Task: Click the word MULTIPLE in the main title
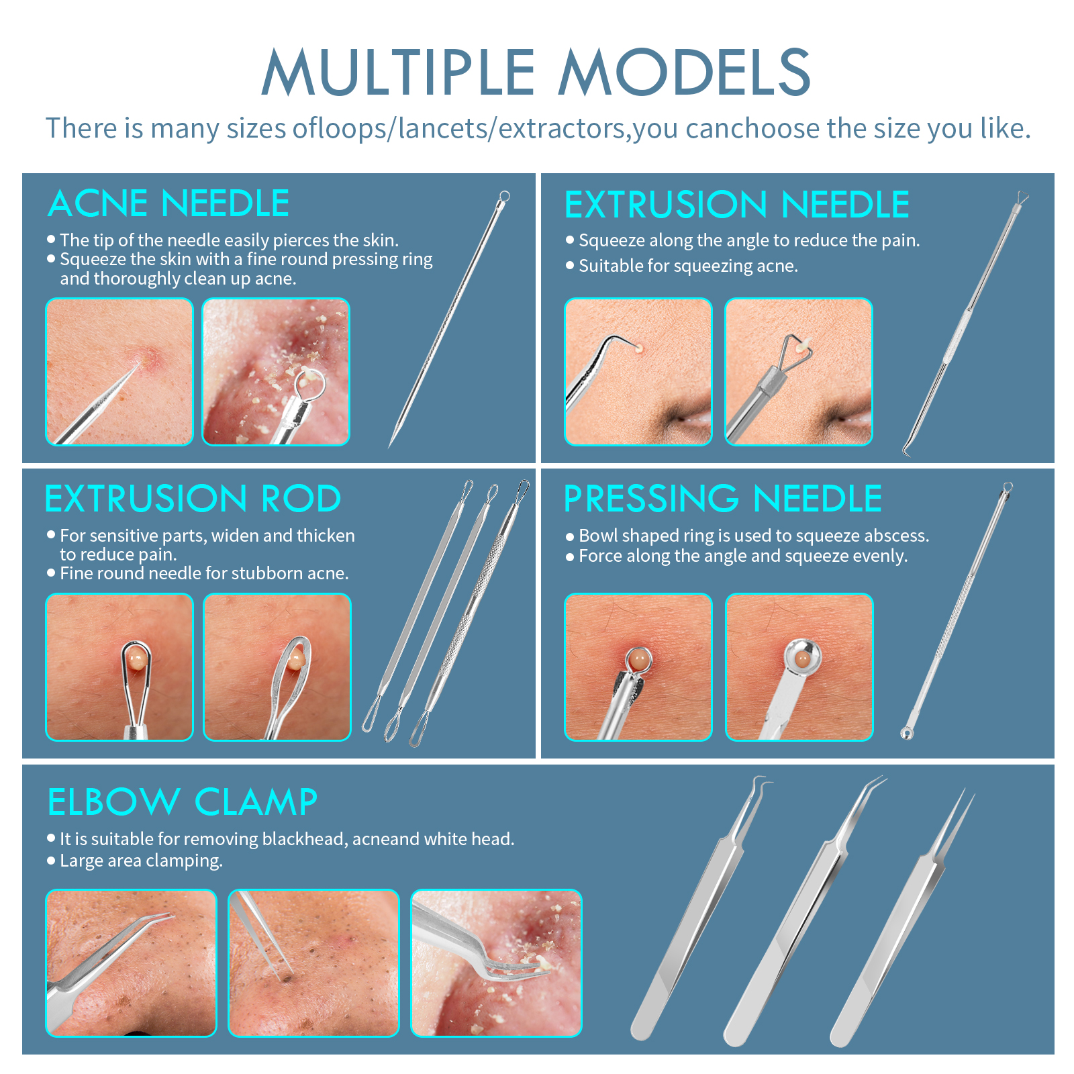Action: coord(398,72)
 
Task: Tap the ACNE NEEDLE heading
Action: coord(168,203)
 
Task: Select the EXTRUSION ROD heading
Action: coord(193,499)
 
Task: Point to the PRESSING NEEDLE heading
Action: coord(723,499)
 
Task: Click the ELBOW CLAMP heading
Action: coord(183,802)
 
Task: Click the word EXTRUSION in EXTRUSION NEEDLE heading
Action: coord(666,205)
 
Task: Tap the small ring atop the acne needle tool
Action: coord(505,197)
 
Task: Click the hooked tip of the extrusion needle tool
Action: coord(908,450)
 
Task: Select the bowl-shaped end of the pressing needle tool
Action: coord(906,733)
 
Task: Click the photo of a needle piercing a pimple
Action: coord(119,372)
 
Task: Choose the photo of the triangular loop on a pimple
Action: coord(799,372)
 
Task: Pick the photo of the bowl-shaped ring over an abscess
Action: coord(799,667)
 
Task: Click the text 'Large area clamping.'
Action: coord(141,861)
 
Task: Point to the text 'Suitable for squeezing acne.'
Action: coord(688,266)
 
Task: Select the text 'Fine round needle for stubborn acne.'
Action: coord(204,573)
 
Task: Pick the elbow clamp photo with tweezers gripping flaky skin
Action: coord(497,963)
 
